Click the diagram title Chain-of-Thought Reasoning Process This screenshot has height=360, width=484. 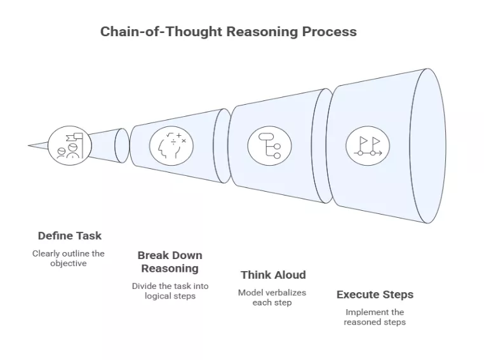pyautogui.click(x=228, y=31)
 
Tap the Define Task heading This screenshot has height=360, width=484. pyautogui.click(x=69, y=236)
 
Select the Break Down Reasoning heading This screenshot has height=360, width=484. pyautogui.click(x=170, y=262)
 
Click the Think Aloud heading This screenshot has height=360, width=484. pyautogui.click(x=272, y=275)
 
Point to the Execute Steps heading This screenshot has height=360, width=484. pyautogui.click(x=375, y=295)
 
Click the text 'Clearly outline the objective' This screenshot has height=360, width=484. pyautogui.click(x=69, y=258)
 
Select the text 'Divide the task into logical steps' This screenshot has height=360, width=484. pyautogui.click(x=170, y=291)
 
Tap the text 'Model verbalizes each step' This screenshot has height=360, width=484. pyautogui.click(x=272, y=297)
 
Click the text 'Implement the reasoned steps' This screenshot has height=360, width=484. pyautogui.click(x=374, y=317)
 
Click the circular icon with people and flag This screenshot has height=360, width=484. pyautogui.click(x=69, y=145)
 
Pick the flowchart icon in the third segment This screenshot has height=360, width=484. pyautogui.click(x=269, y=145)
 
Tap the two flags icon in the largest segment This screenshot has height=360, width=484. pyautogui.click(x=367, y=145)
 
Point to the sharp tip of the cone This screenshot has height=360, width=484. pyautogui.click(x=30, y=145)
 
